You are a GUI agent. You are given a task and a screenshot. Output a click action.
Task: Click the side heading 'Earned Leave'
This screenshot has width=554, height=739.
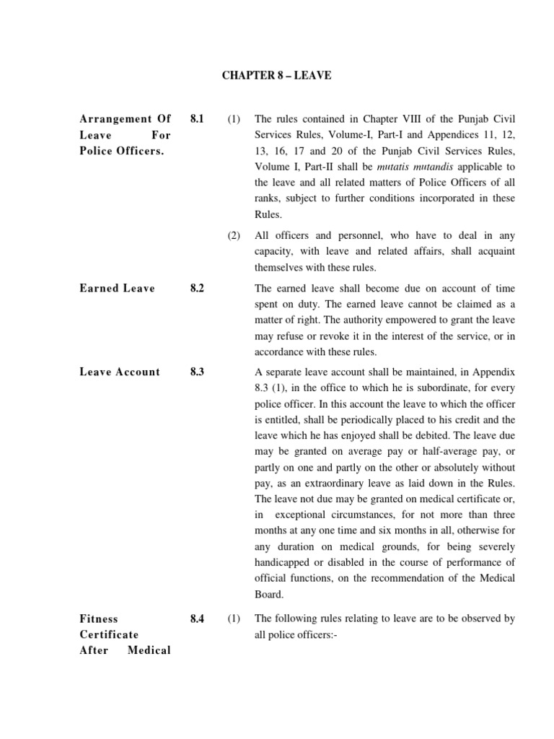coord(117,288)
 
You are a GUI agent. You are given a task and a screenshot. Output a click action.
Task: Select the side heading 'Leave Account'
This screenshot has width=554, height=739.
coord(120,372)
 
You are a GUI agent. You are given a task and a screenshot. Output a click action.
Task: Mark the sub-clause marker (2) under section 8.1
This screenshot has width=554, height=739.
coord(234,235)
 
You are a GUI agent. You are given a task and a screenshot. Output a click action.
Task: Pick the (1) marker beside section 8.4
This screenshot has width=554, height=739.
coord(234,618)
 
